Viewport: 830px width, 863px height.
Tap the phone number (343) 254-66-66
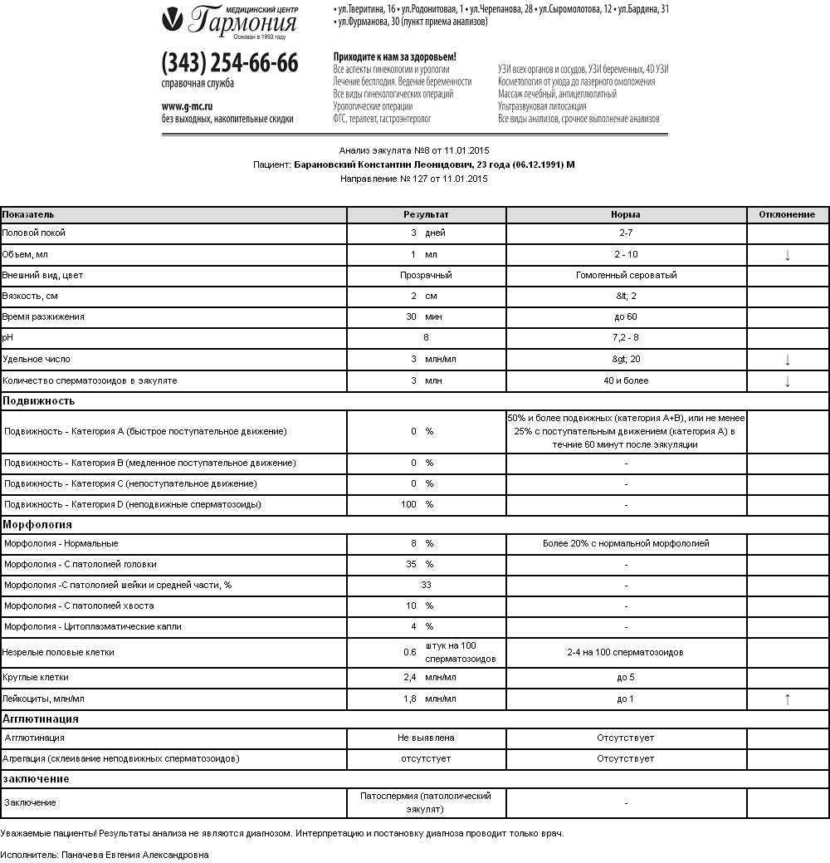[x=230, y=63]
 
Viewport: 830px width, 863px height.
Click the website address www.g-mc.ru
[x=187, y=106]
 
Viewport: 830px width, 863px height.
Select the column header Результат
[x=426, y=214]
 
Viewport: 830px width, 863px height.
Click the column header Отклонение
[x=787, y=214]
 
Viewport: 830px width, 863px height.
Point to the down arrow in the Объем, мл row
[x=787, y=255]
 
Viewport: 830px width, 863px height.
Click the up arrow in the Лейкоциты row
[x=787, y=699]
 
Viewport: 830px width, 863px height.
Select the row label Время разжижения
[x=43, y=317]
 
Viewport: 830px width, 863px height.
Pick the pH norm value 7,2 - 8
[x=626, y=338]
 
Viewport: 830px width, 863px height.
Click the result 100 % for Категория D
[x=417, y=504]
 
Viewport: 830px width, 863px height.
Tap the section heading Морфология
[x=37, y=525]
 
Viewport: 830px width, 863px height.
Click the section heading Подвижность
[x=39, y=400]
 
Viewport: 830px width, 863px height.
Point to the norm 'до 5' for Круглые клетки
[x=626, y=678]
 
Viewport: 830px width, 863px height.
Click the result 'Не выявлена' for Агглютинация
[x=426, y=738]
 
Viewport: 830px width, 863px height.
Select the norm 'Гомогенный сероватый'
[x=626, y=275]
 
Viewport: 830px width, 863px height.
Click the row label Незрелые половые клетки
[x=58, y=652]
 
